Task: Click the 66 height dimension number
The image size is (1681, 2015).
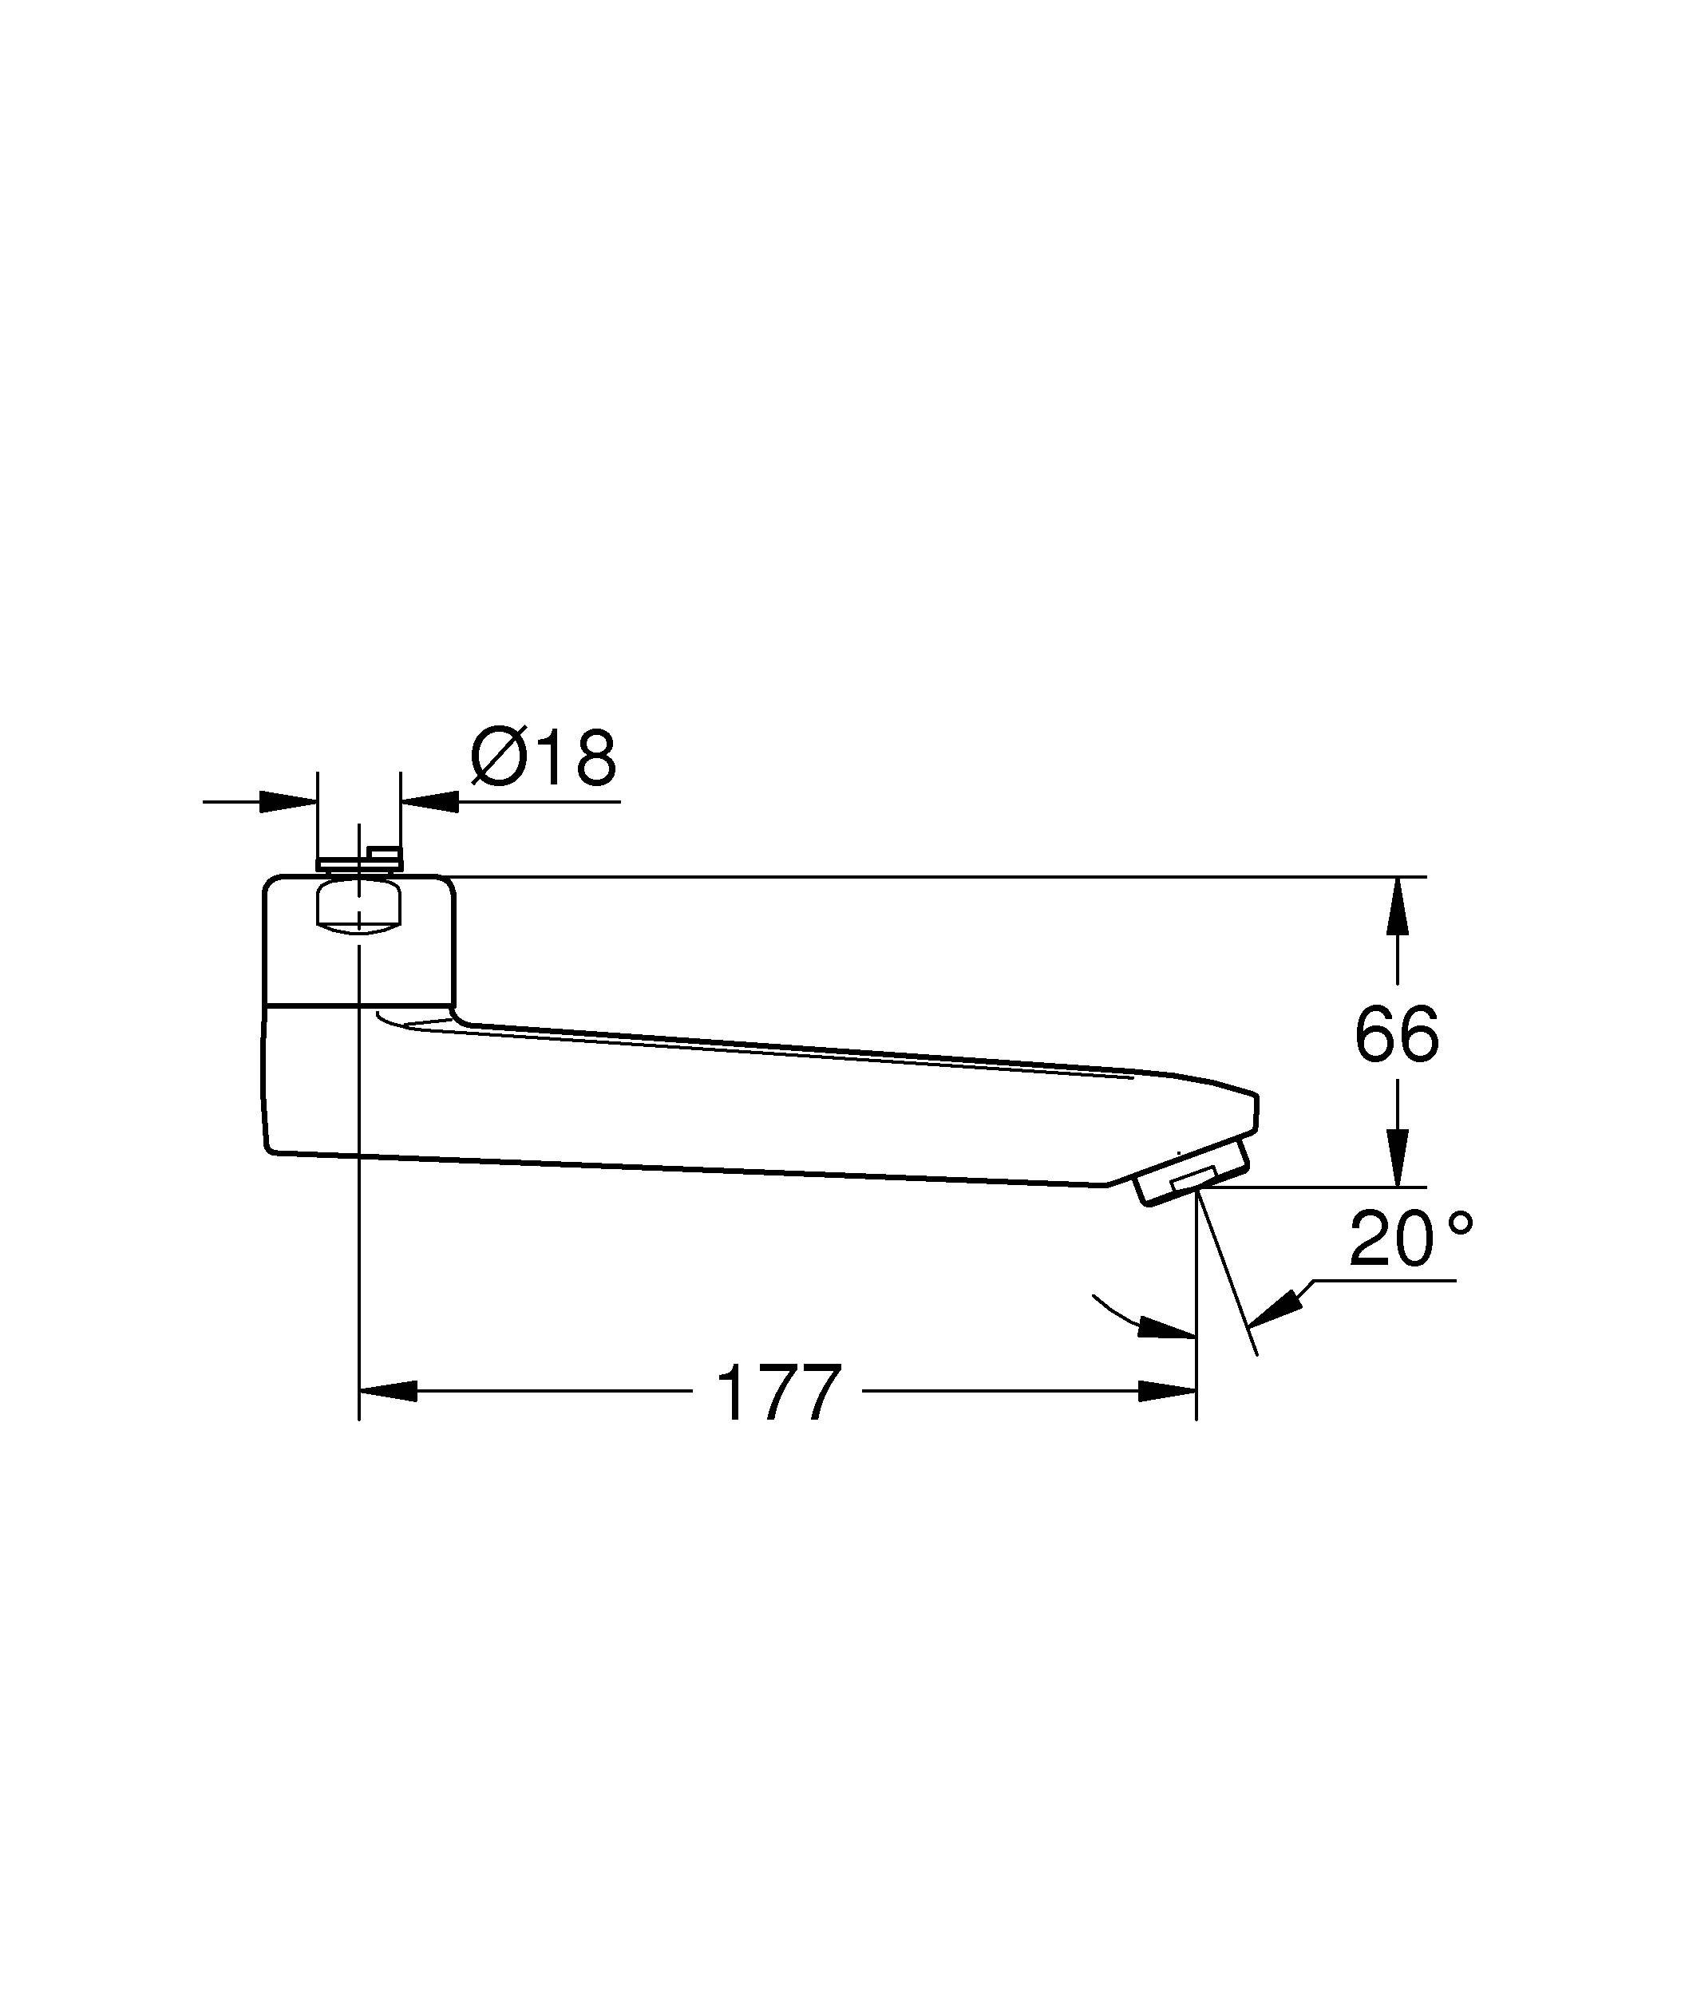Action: tap(1396, 1034)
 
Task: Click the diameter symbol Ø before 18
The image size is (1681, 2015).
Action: tap(500, 759)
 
